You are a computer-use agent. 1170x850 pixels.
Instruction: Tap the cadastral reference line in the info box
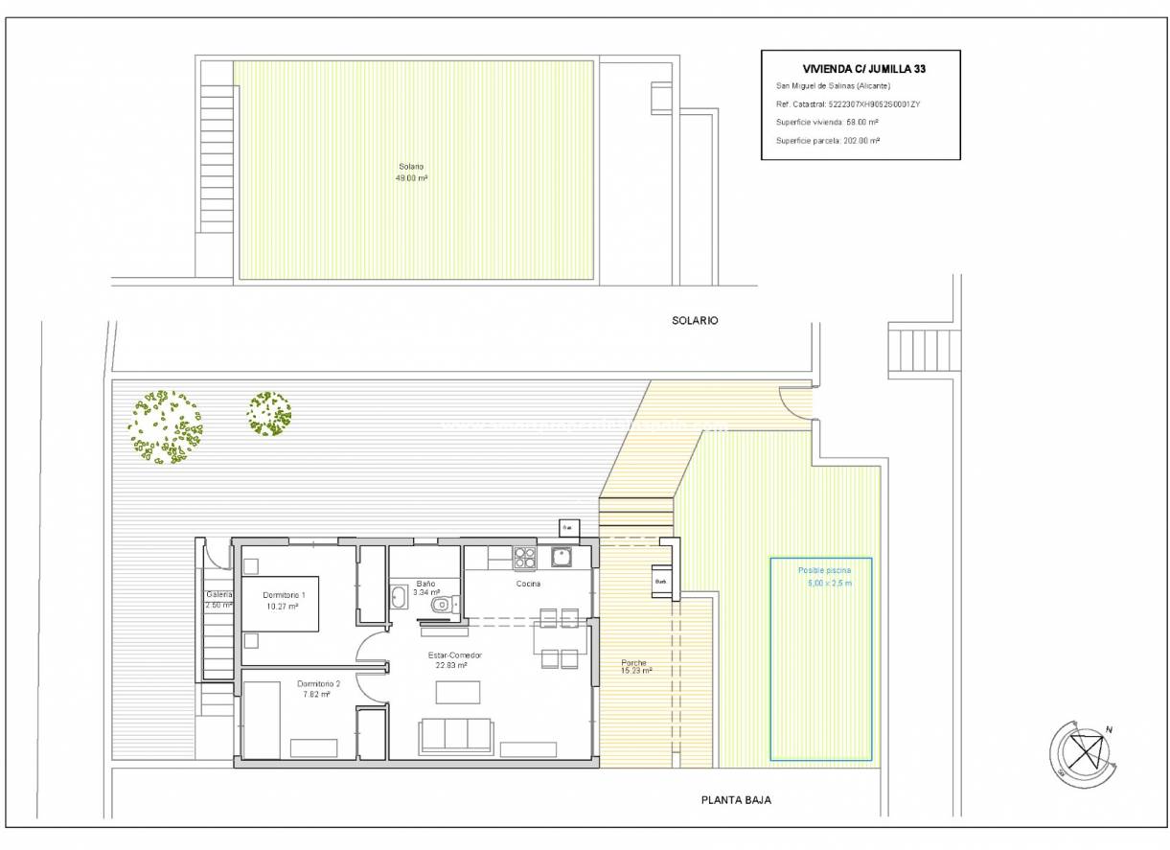839,103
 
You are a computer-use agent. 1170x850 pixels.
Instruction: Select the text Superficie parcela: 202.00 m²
828,140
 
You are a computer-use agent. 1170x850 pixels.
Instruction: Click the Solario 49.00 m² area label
412,172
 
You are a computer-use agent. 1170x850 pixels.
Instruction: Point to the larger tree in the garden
166,427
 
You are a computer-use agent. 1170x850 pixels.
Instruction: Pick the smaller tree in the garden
269,413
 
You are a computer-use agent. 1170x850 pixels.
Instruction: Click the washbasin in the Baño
400,597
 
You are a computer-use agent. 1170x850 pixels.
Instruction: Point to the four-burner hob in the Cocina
524,557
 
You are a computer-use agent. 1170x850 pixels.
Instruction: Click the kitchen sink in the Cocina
561,557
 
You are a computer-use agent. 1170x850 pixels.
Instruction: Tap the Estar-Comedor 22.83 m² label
454,660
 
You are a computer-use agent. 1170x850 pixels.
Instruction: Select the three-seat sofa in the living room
456,735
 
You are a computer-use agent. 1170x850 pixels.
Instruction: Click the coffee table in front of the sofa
457,692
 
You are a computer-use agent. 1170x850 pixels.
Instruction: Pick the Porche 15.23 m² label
634,667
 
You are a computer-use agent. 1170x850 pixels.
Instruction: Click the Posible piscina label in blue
824,576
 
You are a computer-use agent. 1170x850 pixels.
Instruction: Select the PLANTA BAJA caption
736,800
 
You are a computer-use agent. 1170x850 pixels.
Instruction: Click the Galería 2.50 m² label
218,600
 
